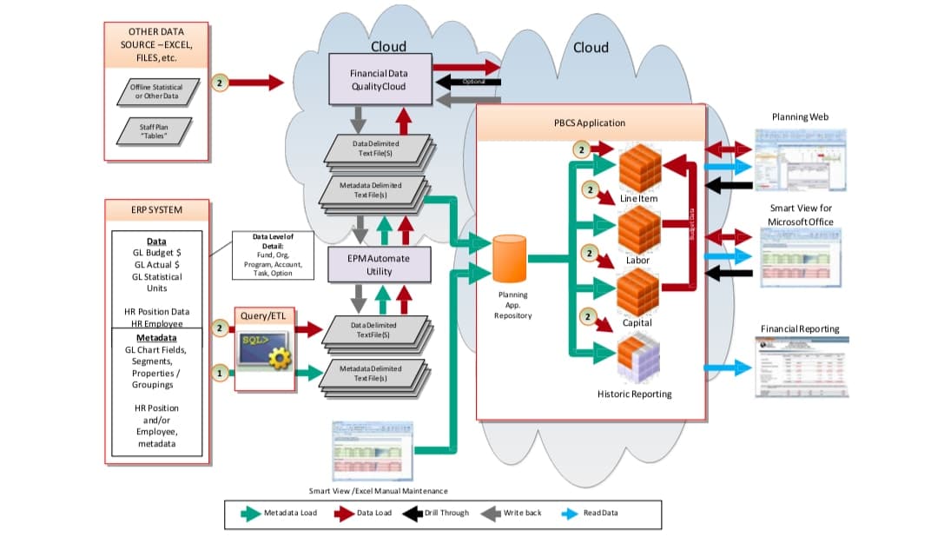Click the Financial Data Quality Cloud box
coord(379,80)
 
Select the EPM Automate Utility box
coord(379,265)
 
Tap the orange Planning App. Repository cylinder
coord(510,258)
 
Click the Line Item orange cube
coord(639,168)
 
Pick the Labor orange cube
coord(639,230)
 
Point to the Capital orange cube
coord(639,293)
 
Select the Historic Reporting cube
coord(639,358)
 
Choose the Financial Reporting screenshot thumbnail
coord(799,367)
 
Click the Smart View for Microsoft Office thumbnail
coord(800,258)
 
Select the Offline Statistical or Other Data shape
coord(156,91)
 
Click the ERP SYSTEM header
coord(156,209)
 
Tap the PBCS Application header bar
coord(591,123)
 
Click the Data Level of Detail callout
coord(273,255)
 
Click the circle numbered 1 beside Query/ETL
coord(221,373)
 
